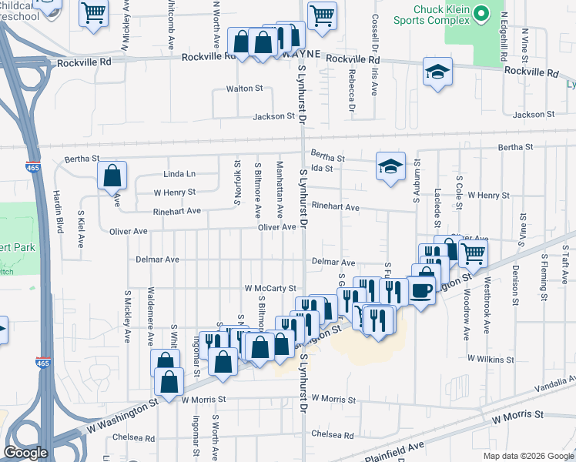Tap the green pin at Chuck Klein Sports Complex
tap(482, 13)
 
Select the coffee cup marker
tap(421, 290)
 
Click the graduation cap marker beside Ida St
tap(390, 165)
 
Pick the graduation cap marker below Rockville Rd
tap(437, 73)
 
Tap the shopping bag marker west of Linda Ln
tap(112, 176)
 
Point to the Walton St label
tap(244, 89)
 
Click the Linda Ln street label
tap(179, 174)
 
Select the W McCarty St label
tap(270, 288)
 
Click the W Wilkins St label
tap(490, 359)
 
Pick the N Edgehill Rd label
tap(504, 31)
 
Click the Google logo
tap(25, 453)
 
